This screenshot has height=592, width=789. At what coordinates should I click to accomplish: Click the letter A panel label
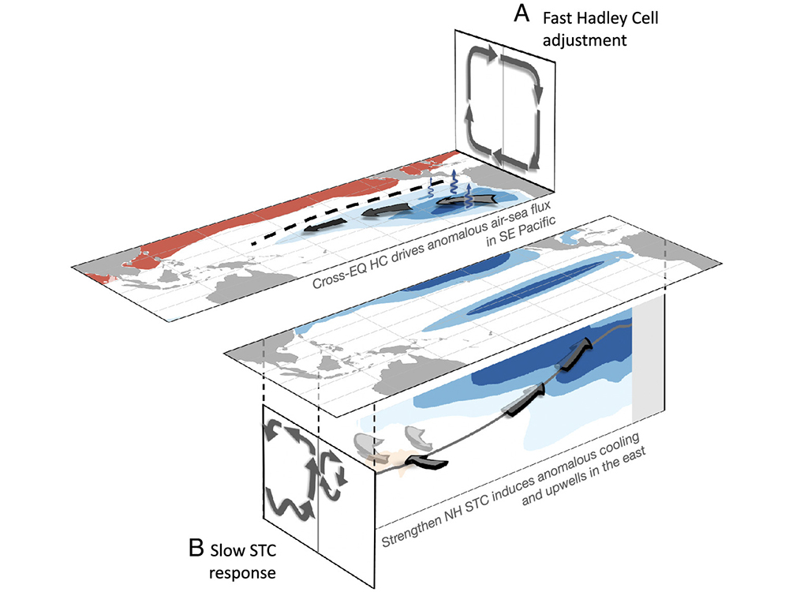click(x=520, y=13)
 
